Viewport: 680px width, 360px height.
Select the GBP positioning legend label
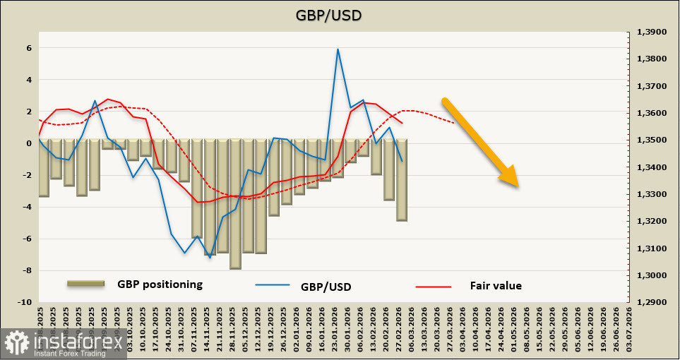pyautogui.click(x=160, y=284)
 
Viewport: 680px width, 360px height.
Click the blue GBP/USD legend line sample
pyautogui.click(x=272, y=286)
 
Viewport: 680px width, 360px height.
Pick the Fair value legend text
pyautogui.click(x=496, y=286)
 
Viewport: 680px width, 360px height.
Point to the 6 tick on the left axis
pyautogui.click(x=30, y=48)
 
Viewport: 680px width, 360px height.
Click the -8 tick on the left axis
pyautogui.click(x=28, y=270)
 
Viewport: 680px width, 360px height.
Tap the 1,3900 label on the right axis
pyautogui.click(x=652, y=32)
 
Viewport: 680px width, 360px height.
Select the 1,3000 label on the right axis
pyautogui.click(x=652, y=275)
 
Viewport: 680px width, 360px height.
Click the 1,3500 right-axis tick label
pyautogui.click(x=652, y=140)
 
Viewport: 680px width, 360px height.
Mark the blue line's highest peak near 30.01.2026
pyautogui.click(x=338, y=49)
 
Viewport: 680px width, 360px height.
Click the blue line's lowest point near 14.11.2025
pyautogui.click(x=210, y=258)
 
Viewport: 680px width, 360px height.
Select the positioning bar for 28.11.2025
pyautogui.click(x=235, y=204)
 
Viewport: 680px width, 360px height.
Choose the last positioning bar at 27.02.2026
pyautogui.click(x=402, y=180)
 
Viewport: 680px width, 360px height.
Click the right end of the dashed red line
pyautogui.click(x=453, y=123)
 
